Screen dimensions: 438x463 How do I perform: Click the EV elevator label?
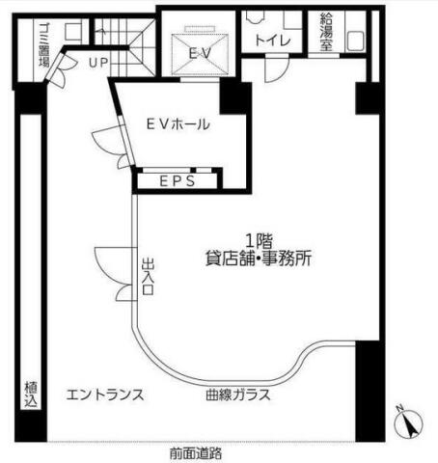pos(200,53)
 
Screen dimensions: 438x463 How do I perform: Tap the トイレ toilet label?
pos(273,41)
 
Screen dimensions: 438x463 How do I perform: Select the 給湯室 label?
pos(326,32)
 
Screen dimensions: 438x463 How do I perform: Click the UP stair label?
pos(98,63)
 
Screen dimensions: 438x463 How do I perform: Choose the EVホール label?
pos(178,124)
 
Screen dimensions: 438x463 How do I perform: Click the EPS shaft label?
pos(178,181)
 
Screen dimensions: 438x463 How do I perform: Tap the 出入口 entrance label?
pos(148,277)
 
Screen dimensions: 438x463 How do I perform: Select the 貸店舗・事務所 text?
pos(259,259)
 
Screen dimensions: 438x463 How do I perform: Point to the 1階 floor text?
pos(260,240)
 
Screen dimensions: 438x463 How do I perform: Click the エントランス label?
pos(105,395)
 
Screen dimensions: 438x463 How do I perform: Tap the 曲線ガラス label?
pos(238,395)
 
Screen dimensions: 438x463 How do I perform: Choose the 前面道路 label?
pos(196,453)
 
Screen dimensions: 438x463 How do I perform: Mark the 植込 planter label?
pos(31,395)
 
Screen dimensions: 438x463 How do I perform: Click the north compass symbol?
pos(409,423)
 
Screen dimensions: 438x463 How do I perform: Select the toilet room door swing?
pos(276,68)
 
